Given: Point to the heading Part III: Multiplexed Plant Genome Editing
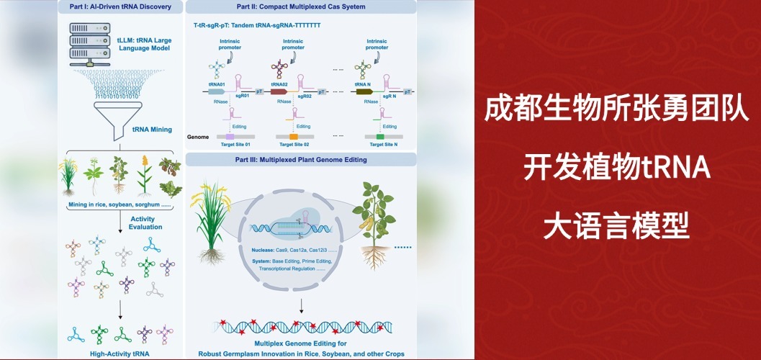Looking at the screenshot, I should [301, 159].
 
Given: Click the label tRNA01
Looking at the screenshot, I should [217, 84].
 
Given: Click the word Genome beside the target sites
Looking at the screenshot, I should [199, 136].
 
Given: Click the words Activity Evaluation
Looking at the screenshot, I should [146, 222].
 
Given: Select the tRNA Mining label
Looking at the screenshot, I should [152, 130].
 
